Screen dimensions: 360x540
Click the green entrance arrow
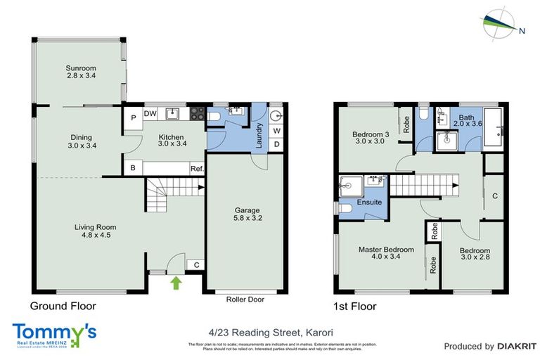click(174, 283)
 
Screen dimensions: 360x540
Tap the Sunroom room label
click(80, 72)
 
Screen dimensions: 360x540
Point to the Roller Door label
click(245, 299)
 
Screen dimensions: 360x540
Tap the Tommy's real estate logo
click(54, 333)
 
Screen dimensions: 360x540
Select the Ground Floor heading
click(63, 306)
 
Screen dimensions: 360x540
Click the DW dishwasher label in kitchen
click(150, 113)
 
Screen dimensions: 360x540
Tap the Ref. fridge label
click(197, 169)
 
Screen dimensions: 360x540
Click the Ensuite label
click(370, 202)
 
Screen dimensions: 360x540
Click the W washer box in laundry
click(276, 130)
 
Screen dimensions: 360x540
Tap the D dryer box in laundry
click(276, 146)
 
